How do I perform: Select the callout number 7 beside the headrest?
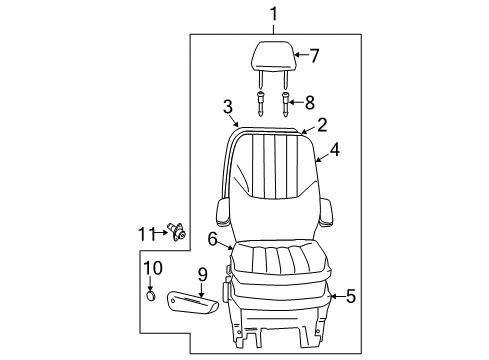tap(313, 55)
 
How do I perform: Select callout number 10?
tap(152, 267)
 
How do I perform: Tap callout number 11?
tap(144, 234)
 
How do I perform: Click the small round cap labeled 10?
tap(151, 296)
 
